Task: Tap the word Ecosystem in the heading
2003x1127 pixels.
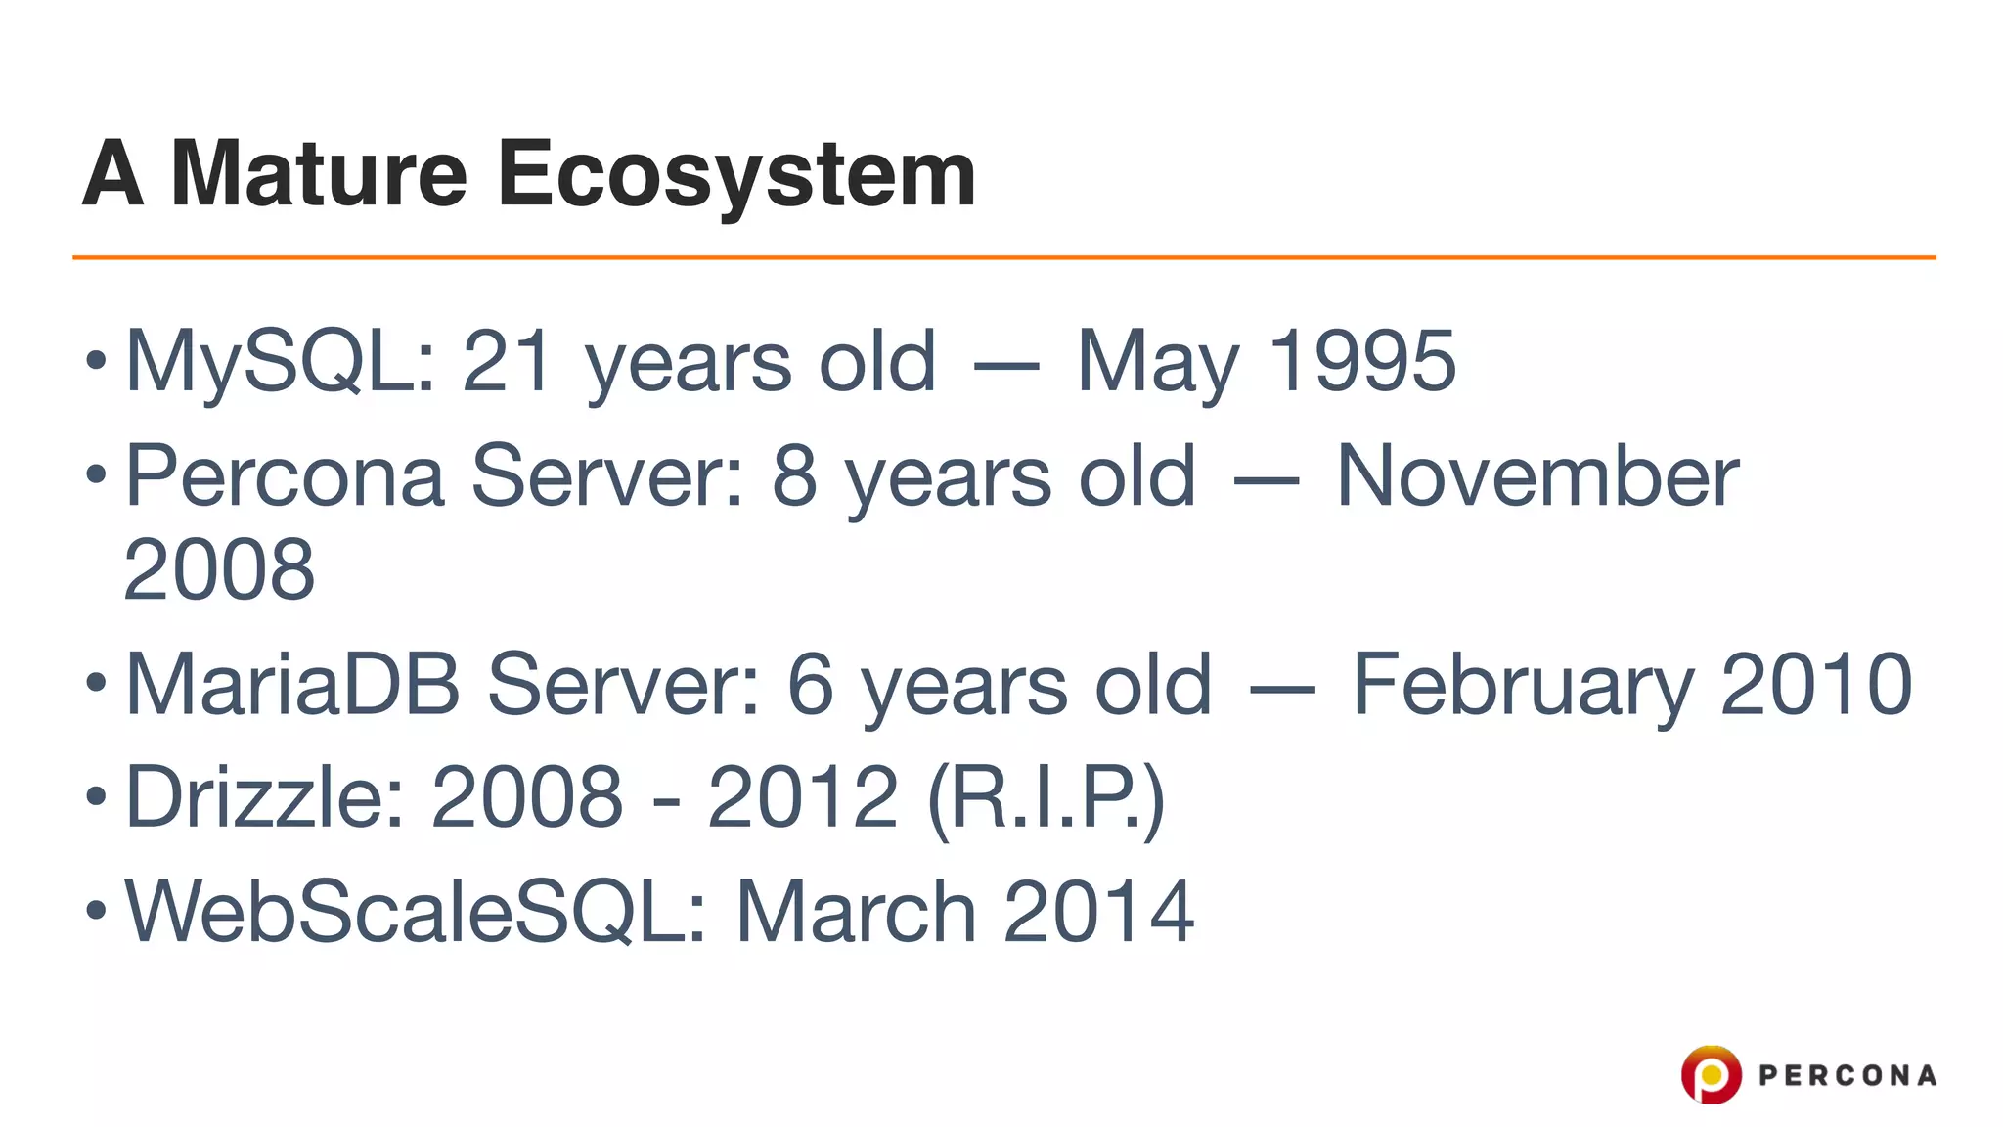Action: click(x=735, y=174)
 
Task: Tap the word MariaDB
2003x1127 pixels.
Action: click(x=292, y=684)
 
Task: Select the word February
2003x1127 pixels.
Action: click(x=1522, y=686)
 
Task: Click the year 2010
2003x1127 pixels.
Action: click(x=1815, y=684)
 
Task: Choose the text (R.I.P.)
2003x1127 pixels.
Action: click(x=1046, y=798)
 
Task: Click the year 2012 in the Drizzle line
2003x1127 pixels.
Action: click(x=802, y=796)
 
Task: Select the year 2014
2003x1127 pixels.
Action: click(x=1097, y=911)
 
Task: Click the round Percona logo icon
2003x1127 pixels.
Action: click(x=1711, y=1075)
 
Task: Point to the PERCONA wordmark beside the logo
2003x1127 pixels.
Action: click(x=1847, y=1076)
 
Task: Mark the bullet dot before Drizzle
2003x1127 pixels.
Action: click(x=95, y=795)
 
